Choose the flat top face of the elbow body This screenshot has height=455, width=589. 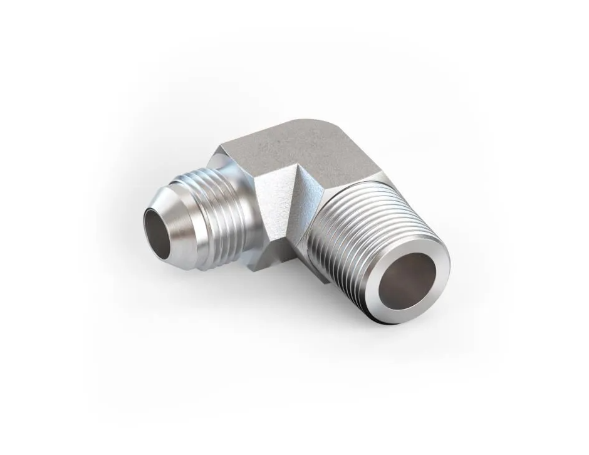tap(294, 147)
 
